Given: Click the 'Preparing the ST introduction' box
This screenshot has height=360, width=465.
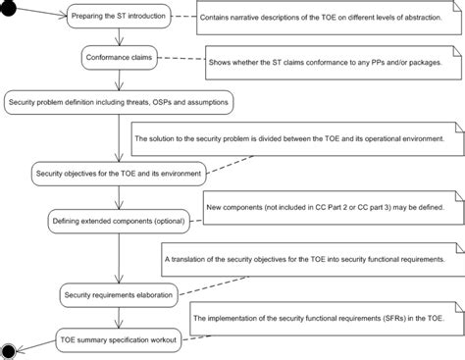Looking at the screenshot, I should [119, 17].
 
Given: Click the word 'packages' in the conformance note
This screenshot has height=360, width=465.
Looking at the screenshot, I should [419, 61].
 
